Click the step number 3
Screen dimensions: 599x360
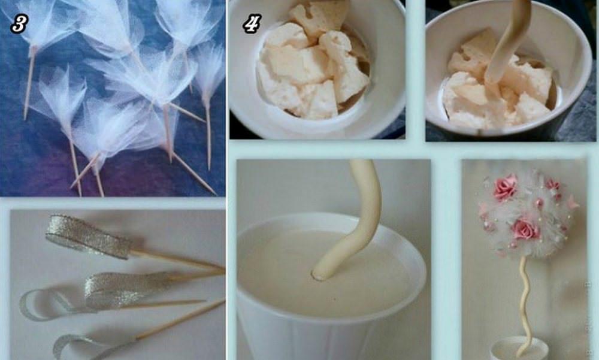(19, 25)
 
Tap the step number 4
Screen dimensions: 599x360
(252, 24)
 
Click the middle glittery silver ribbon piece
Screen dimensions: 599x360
(126, 290)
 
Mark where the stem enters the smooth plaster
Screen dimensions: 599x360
(320, 274)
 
